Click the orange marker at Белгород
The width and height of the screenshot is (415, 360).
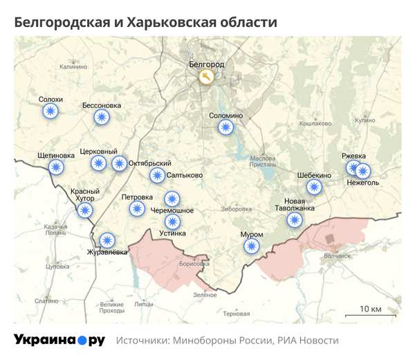tap(205, 77)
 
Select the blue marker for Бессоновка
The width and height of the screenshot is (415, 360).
tap(102, 118)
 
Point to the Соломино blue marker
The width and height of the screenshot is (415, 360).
tap(225, 127)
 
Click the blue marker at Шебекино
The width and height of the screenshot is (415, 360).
tap(315, 187)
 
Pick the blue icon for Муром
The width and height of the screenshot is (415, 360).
tap(252, 246)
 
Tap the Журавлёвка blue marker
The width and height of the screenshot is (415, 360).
tap(107, 240)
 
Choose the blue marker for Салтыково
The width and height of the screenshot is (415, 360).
tap(158, 175)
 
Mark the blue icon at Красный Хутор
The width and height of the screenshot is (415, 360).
tap(85, 210)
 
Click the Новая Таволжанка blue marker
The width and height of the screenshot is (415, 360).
tap(295, 220)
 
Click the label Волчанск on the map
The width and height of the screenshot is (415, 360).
tap(338, 255)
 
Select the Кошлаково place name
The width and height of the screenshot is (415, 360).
tap(315, 123)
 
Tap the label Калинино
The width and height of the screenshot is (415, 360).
tap(73, 66)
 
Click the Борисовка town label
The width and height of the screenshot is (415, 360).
tap(193, 264)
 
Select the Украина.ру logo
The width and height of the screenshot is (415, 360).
tap(59, 340)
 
